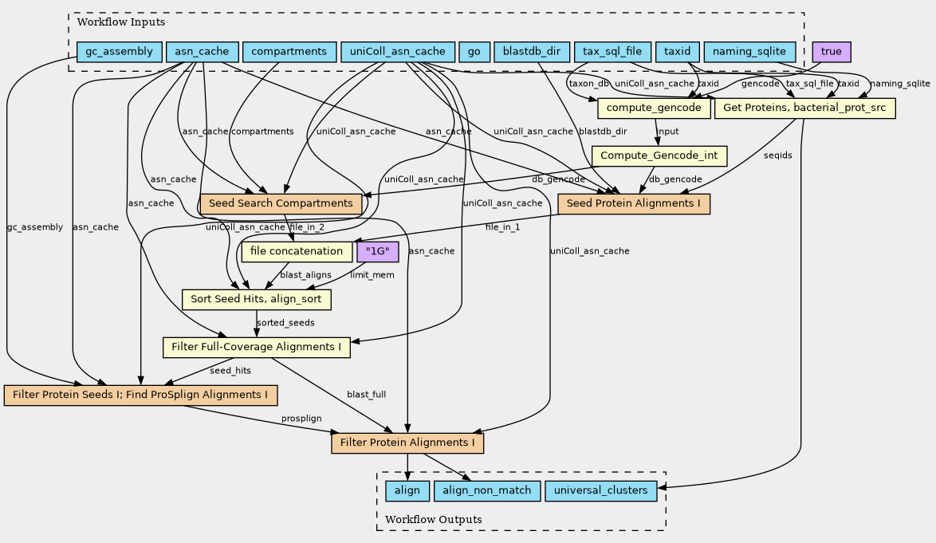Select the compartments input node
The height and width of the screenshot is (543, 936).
click(289, 52)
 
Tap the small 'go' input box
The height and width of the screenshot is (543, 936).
click(474, 52)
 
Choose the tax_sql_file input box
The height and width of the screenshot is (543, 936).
click(612, 52)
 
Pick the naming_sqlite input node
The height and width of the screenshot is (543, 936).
click(749, 52)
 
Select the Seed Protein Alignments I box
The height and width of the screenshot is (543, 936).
click(634, 203)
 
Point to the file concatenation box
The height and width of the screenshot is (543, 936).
click(296, 252)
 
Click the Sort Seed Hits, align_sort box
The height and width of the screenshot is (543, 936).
click(256, 299)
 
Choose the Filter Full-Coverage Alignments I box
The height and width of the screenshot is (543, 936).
click(256, 347)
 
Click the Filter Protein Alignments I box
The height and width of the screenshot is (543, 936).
click(407, 443)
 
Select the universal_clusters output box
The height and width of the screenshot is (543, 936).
click(600, 490)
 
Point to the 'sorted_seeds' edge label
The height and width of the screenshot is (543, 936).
click(285, 323)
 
